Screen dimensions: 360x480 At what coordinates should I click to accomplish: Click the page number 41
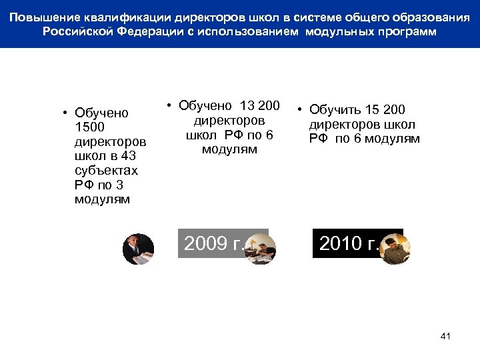coord(445,336)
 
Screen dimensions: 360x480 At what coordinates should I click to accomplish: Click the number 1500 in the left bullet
coord(90,127)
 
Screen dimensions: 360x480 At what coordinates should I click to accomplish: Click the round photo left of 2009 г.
coord(139,249)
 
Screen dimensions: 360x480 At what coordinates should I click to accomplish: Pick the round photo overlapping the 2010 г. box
coord(395,249)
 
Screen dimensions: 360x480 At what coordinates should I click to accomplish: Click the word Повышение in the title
coord(43,16)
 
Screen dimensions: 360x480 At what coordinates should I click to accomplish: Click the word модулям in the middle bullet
coord(229,150)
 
